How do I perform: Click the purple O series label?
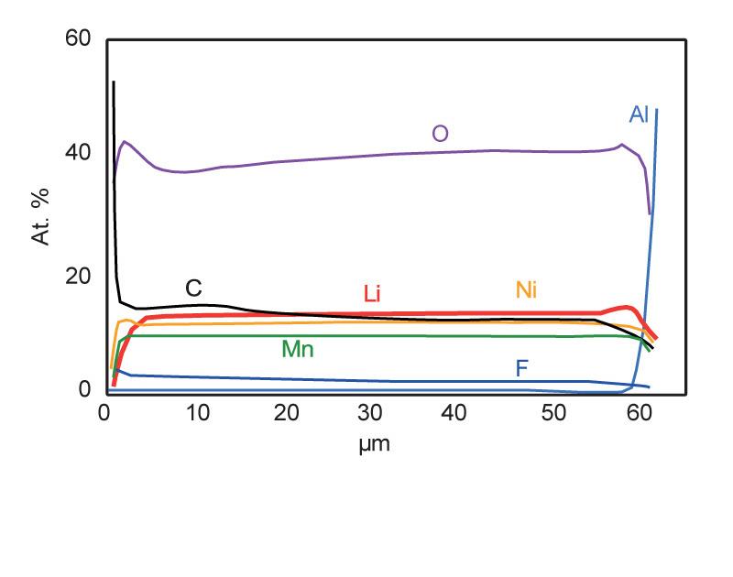point(440,134)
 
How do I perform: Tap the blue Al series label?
point(639,114)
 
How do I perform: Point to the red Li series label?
point(371,294)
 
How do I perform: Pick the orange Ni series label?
point(525,290)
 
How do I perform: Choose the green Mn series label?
point(298,349)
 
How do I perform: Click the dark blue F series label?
point(521,368)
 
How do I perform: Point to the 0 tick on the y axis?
point(86,390)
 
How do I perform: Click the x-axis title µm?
point(379,444)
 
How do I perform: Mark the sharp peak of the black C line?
point(114,82)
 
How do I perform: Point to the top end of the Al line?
point(657,110)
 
